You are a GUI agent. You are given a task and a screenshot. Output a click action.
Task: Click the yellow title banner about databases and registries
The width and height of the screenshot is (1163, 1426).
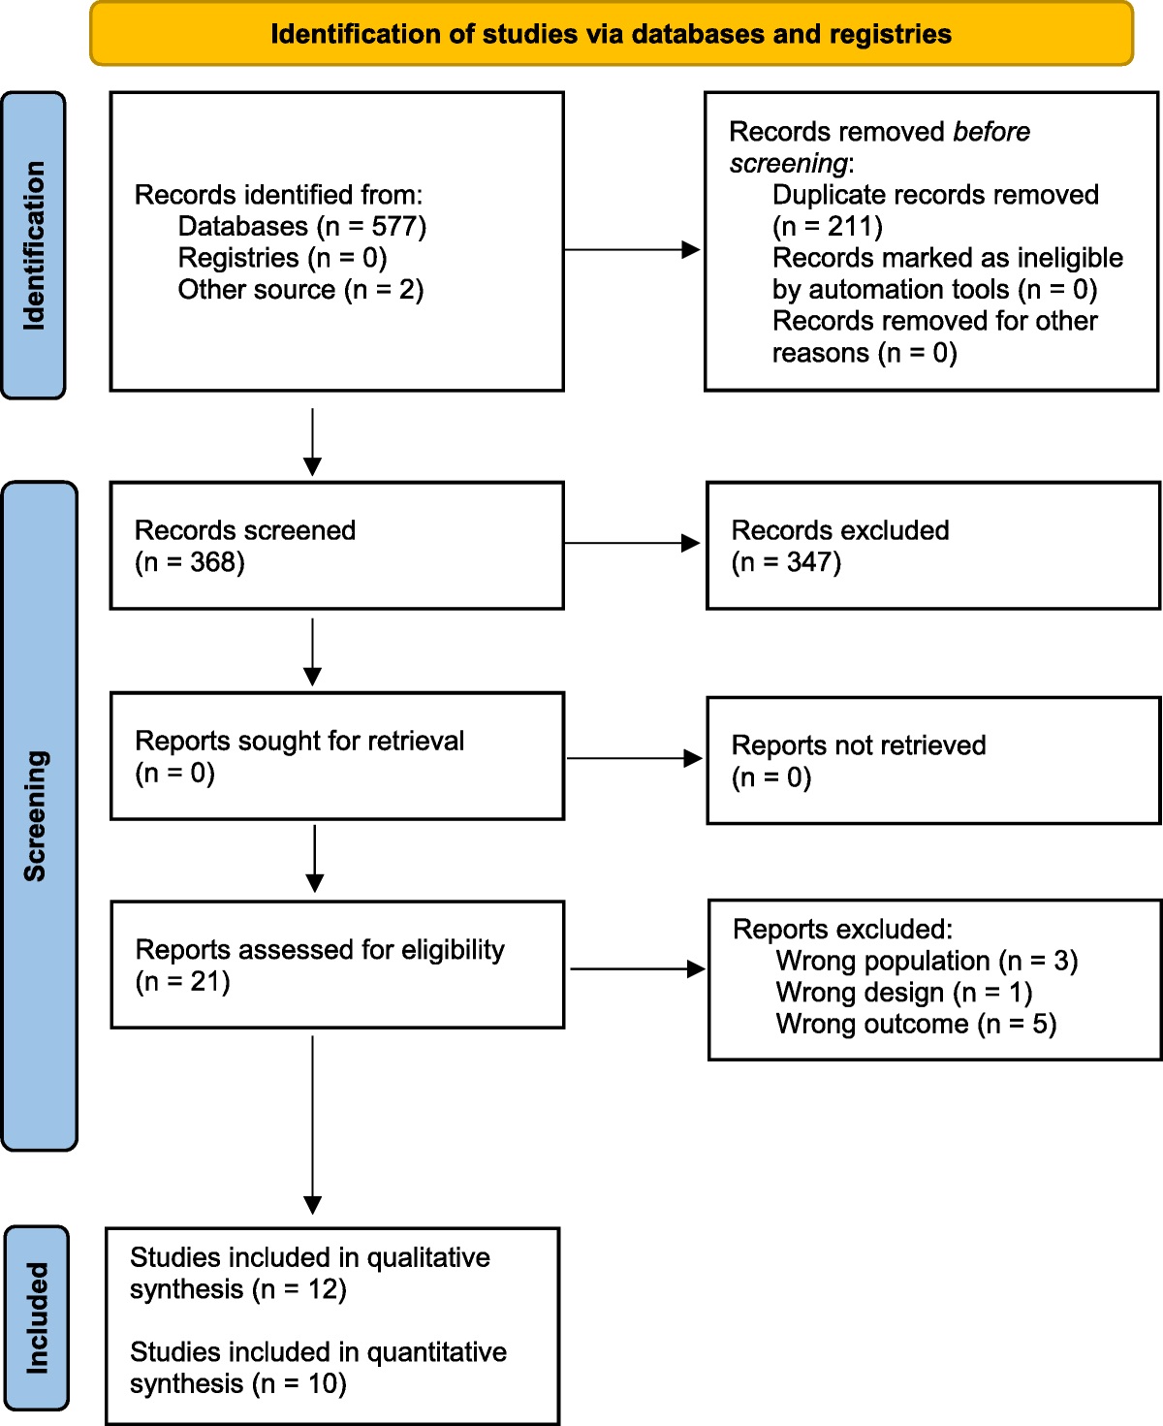click(612, 34)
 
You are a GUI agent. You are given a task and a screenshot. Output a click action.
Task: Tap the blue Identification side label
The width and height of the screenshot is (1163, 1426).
click(34, 245)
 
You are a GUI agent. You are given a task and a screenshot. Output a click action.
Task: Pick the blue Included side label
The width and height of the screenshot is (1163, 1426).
click(37, 1317)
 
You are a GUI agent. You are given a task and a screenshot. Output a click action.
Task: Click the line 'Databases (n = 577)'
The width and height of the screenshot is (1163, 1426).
click(301, 227)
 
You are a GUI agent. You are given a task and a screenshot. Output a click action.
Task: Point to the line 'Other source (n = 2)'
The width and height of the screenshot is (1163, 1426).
click(300, 290)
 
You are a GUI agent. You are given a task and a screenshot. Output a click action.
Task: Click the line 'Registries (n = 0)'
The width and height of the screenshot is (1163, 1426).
click(282, 258)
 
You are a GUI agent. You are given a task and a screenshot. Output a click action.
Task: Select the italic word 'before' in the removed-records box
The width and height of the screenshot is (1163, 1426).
click(990, 132)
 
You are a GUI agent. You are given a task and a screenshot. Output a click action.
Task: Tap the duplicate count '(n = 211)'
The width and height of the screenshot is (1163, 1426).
click(827, 227)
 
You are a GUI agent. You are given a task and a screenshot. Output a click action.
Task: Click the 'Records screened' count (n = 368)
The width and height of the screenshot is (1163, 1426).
click(190, 562)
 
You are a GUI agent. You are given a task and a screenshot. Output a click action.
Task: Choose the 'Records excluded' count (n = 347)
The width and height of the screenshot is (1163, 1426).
click(786, 562)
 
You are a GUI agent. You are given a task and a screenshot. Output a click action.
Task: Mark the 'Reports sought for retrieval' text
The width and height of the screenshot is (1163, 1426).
click(299, 742)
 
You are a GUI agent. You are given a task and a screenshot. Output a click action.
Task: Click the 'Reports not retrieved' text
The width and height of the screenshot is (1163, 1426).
click(858, 745)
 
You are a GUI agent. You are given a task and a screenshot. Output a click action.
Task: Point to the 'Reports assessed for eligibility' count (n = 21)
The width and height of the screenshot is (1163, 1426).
click(183, 982)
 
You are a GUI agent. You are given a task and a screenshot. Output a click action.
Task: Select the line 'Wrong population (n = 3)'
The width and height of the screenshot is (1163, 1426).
click(927, 961)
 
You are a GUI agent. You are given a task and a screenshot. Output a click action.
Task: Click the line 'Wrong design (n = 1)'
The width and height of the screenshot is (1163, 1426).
click(903, 993)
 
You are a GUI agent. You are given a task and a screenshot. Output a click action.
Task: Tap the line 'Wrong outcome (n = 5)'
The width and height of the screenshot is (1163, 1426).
click(916, 1025)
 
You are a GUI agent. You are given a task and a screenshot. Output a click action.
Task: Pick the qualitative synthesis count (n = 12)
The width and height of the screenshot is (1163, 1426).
click(299, 1289)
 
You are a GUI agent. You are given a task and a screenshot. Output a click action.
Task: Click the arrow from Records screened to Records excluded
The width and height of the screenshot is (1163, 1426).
click(633, 544)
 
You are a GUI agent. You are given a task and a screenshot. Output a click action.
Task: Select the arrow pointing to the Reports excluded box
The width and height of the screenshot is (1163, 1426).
click(638, 968)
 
